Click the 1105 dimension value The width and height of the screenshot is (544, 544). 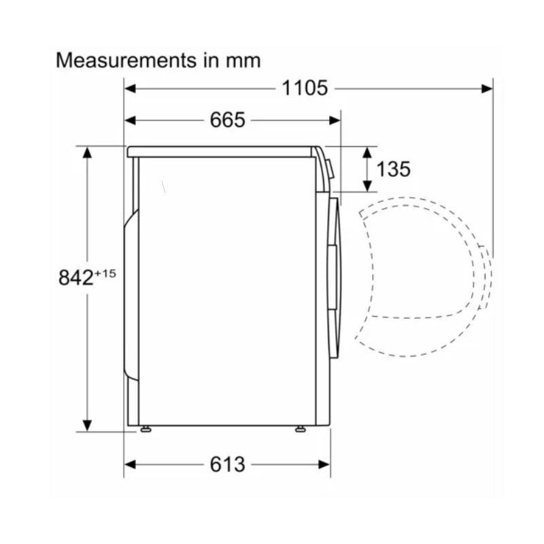(305, 88)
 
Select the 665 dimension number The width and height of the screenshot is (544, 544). (228, 120)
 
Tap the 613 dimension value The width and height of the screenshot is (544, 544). (228, 464)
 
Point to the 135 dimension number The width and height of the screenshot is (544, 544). (393, 169)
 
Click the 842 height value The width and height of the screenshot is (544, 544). (76, 277)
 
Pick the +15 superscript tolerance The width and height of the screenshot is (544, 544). (105, 274)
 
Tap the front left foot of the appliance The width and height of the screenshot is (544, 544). (301, 429)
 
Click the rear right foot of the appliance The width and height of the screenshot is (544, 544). (146, 429)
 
